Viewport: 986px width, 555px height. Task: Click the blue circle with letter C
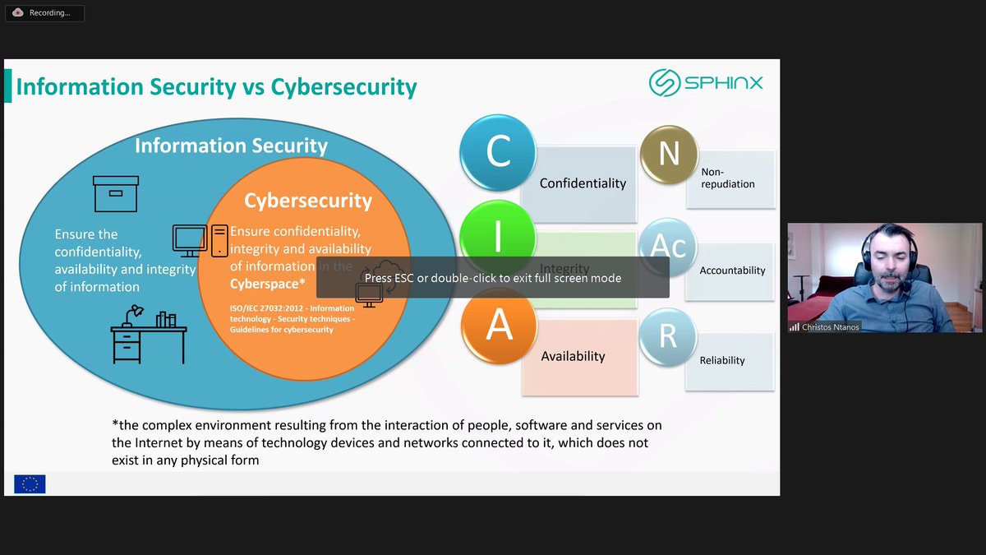[x=498, y=153]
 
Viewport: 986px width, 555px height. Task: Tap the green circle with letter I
[x=498, y=238]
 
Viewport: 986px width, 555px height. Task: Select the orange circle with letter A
[x=499, y=326]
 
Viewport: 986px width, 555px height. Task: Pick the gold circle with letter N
[x=669, y=154]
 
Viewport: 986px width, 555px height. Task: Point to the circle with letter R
[x=668, y=337]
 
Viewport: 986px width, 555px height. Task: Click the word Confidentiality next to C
[x=583, y=183]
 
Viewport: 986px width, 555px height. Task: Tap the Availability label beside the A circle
[x=573, y=356]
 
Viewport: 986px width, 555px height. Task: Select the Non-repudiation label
[x=727, y=178]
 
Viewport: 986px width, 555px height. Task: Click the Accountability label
[x=732, y=271]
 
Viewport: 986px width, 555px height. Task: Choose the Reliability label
[x=722, y=360]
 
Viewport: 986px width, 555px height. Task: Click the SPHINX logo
[x=706, y=83]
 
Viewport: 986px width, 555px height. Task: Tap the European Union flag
[x=30, y=484]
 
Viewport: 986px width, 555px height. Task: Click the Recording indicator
[x=44, y=13]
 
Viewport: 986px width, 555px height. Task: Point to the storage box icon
[x=116, y=194]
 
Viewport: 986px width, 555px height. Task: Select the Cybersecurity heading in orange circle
[x=308, y=201]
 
